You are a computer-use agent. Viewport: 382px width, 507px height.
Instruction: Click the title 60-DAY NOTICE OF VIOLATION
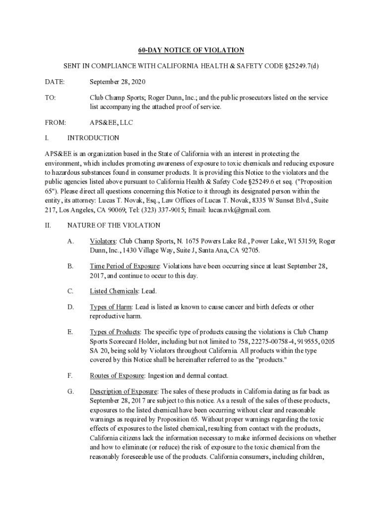(x=191, y=50)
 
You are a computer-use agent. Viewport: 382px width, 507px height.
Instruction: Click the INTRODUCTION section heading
(x=93, y=138)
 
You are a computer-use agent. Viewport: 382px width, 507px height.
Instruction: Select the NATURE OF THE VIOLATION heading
(x=114, y=225)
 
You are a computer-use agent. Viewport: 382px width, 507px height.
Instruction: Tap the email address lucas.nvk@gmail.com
(x=240, y=209)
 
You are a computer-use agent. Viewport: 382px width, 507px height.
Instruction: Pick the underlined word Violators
(x=103, y=241)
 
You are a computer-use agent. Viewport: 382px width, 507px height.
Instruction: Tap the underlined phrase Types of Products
(x=115, y=332)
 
